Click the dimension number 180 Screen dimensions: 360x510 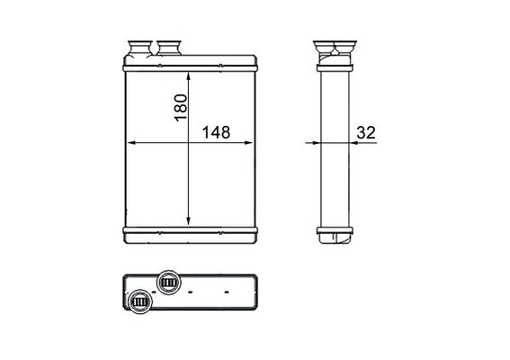click(x=180, y=107)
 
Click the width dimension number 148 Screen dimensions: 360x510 click(x=216, y=132)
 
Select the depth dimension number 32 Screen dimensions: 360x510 click(x=365, y=132)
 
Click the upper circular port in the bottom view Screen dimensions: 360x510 click(x=167, y=282)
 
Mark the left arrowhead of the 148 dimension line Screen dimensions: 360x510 click(x=130, y=142)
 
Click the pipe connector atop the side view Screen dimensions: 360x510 click(x=334, y=47)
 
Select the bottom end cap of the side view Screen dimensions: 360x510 click(x=335, y=238)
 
